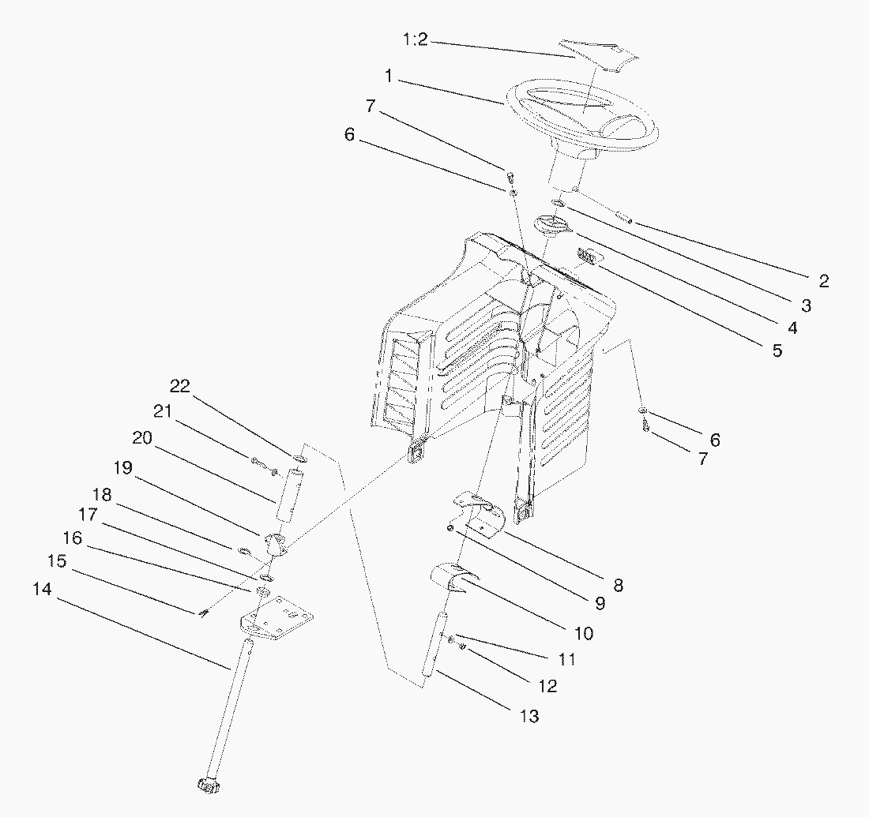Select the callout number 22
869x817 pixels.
point(180,386)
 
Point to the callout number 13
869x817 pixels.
point(529,716)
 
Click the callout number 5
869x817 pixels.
point(778,350)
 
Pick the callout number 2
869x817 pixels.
point(823,281)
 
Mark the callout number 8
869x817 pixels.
point(618,585)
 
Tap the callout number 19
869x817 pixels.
point(123,468)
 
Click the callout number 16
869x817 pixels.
point(73,538)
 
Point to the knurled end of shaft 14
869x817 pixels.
point(208,786)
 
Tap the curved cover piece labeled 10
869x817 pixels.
point(454,579)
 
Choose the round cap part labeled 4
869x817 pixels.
point(552,226)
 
